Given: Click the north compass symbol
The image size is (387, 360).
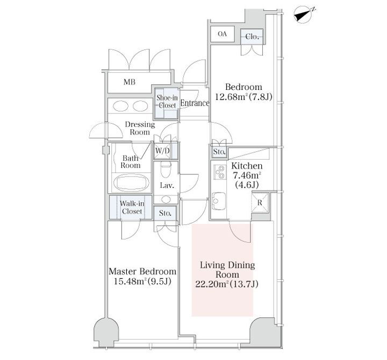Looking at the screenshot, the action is coord(304,15).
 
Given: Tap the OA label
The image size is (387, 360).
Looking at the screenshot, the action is coord(222,33).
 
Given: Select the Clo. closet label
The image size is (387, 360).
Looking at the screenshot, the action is coord(252,37).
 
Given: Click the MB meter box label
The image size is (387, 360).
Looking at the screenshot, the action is coord(130,82).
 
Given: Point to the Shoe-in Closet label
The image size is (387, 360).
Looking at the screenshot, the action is coord(167,101).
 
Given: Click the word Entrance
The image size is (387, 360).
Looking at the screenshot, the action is coord(195,103).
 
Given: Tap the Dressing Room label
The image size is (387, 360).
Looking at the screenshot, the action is coord(140,128).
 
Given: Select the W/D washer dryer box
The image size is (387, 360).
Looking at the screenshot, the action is coord(163,151).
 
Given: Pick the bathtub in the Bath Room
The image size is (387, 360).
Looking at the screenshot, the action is coord(131,183).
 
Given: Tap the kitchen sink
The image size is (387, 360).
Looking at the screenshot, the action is coord(219,201).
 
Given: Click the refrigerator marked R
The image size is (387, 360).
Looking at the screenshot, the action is coord(260,203).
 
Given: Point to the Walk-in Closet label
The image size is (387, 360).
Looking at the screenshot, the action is coord(132,207).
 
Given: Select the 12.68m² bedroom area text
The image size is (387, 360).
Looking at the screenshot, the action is coord(244,97).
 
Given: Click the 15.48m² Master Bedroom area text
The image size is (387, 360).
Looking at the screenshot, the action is coord(142,281).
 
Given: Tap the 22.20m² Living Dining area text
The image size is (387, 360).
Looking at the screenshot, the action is coord(227,284).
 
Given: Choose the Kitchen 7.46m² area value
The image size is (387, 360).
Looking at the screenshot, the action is coord(247,175).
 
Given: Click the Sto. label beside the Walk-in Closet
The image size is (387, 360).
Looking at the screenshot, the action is coord(165,213).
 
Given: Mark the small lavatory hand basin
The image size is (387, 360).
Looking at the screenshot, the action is coord(166,199).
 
